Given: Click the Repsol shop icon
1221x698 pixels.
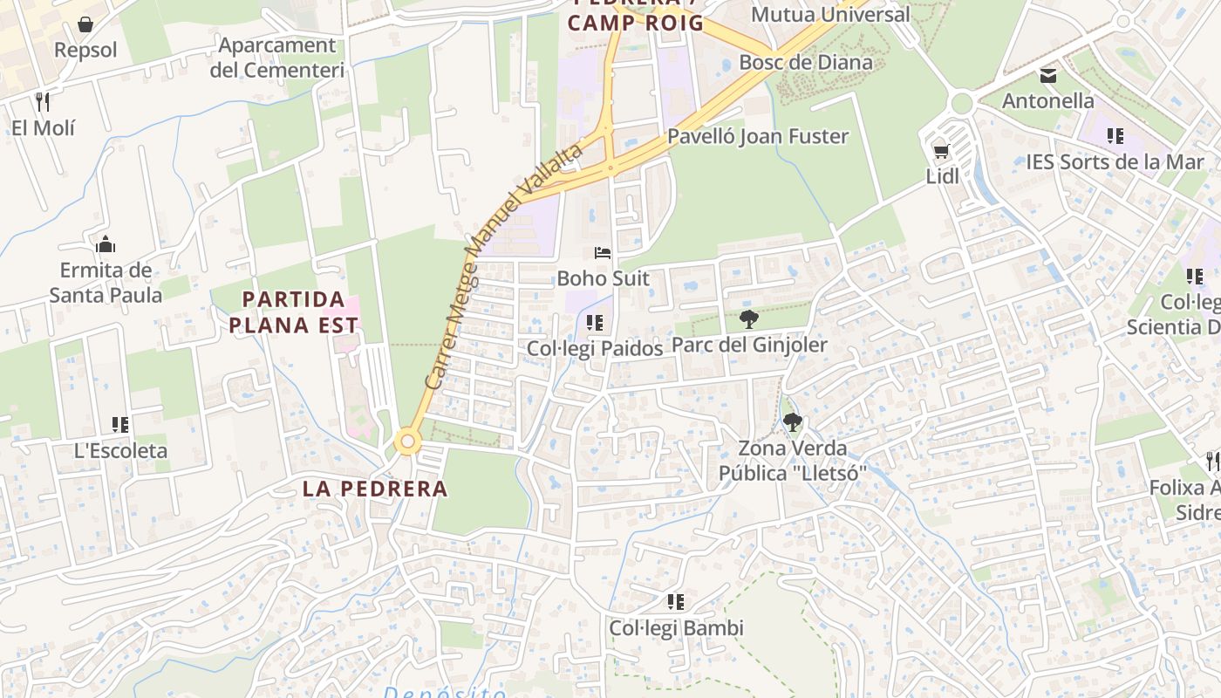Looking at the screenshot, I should pos(85,24).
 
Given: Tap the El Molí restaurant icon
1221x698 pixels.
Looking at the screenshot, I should pos(43,101).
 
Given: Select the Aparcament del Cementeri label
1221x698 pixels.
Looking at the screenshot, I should pos(276,58).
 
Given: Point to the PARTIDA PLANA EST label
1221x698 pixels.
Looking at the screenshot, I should pos(300,312).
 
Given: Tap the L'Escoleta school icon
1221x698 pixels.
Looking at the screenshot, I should pos(120,425).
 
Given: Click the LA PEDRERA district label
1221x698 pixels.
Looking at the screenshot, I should pos(375,489).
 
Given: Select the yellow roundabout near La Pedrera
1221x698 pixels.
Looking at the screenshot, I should pos(407,441).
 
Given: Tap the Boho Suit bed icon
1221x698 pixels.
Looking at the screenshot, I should pos(603,253).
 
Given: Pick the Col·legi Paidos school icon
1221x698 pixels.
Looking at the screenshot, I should pos(595,323).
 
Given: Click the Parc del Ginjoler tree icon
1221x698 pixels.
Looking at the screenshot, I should pos(748,319).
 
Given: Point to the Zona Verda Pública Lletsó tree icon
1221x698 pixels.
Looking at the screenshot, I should pos(792,423).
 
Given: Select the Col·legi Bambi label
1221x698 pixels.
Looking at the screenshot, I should pos(676,628).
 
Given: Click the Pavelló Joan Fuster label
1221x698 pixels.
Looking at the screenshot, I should pos(757,136).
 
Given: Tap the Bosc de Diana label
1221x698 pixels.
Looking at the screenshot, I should pos(805,62).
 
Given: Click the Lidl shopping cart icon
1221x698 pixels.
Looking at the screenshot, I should pos(941,152).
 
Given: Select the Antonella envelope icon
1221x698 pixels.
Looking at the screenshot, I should pos(1048,76).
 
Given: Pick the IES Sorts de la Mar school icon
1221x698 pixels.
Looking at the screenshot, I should pos(1115,136).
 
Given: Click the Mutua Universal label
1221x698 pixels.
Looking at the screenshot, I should pos(829,14).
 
